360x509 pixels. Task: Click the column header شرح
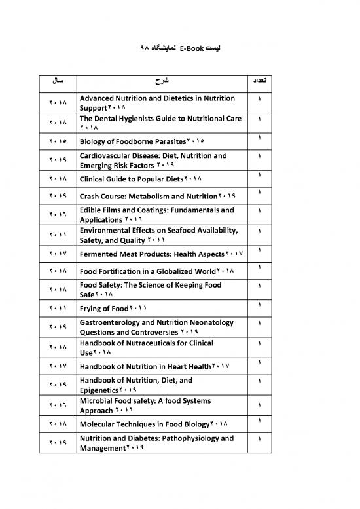click(161, 83)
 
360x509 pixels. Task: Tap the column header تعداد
click(262, 83)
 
